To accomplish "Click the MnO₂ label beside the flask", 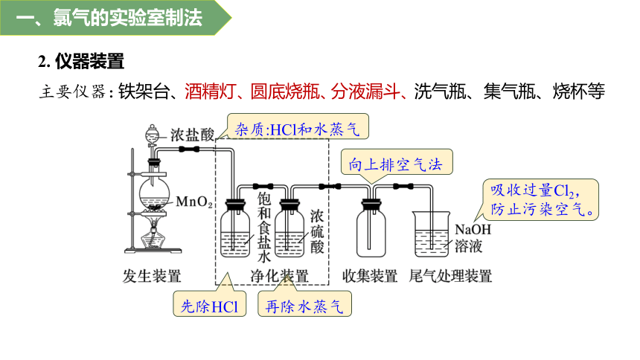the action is point(194,202).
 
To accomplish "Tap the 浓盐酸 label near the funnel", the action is point(192,135).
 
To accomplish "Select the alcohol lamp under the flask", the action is point(153,237).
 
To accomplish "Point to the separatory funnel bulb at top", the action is point(152,133).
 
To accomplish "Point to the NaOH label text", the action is point(473,229).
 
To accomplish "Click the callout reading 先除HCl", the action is point(209,303).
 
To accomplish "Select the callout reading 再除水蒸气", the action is point(304,303).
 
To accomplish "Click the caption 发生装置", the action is point(151,277).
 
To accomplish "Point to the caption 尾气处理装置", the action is point(450,277).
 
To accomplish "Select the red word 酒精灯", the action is point(210,91).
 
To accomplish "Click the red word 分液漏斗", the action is point(365,91).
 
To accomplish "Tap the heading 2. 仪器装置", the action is point(81,62).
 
